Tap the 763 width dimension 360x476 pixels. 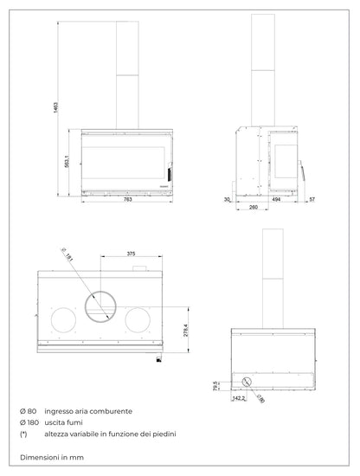pos(127,201)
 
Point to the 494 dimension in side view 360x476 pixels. pos(275,200)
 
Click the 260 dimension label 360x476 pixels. pos(252,209)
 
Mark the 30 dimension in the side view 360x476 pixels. pos(225,200)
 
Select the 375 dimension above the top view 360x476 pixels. pos(131,254)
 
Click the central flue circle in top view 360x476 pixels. pos(103,305)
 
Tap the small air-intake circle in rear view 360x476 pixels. pos(248,381)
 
